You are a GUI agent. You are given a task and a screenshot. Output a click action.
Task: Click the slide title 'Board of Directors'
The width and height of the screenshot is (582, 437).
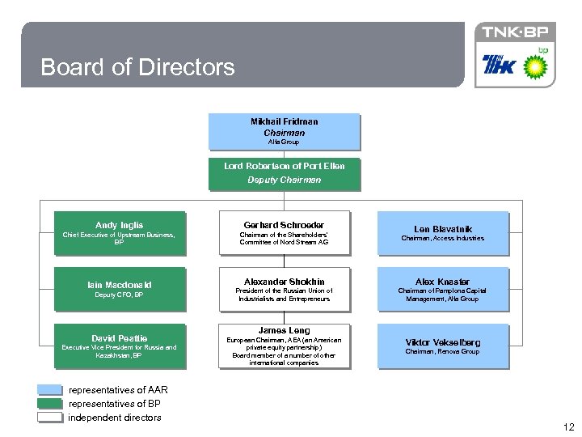click(x=137, y=66)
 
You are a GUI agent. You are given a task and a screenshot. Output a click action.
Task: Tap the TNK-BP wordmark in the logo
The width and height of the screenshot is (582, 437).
click(x=514, y=32)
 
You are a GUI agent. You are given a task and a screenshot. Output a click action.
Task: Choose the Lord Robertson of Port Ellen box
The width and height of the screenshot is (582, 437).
click(x=285, y=173)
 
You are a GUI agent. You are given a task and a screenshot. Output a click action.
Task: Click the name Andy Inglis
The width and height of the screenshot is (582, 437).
click(x=119, y=225)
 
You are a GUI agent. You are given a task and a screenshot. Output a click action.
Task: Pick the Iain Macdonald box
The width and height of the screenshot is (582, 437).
click(x=119, y=289)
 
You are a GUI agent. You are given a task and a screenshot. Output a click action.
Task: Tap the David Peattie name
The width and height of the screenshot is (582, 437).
click(x=119, y=338)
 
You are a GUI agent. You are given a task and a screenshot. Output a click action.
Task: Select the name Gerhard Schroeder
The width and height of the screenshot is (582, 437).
click(x=285, y=225)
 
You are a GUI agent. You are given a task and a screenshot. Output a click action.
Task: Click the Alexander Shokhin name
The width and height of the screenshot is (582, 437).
click(x=285, y=282)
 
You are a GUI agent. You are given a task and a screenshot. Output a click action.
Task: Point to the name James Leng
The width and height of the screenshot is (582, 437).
click(x=285, y=330)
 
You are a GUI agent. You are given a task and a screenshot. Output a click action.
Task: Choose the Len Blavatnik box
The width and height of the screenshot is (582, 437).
click(x=444, y=233)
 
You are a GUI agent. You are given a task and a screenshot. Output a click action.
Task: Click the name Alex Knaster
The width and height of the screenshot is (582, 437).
click(x=443, y=282)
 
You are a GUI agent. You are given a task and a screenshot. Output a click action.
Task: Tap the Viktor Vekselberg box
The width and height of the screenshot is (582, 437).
click(x=443, y=346)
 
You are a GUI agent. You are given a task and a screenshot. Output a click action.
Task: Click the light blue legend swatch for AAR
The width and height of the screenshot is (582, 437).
click(x=50, y=390)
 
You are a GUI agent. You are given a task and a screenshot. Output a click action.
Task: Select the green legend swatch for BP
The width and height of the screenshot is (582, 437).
click(x=50, y=403)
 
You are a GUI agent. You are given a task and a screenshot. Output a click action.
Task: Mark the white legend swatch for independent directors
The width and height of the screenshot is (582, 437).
click(x=50, y=418)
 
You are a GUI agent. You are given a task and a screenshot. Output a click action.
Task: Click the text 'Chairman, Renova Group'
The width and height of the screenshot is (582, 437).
click(x=443, y=352)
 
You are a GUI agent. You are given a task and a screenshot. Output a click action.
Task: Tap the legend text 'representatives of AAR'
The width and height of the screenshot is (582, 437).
click(x=118, y=390)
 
